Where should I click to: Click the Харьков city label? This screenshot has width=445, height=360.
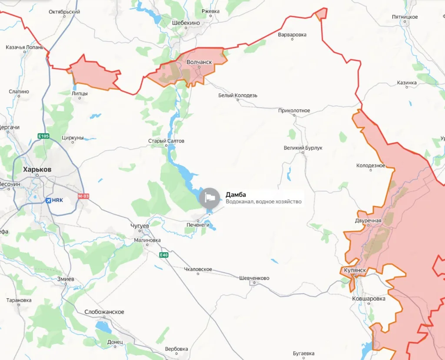pos(37,169)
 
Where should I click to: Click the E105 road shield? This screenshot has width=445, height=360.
pos(43,136)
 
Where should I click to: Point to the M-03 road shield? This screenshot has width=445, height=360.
pos(83,196)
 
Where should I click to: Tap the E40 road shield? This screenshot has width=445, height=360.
pos(163,255)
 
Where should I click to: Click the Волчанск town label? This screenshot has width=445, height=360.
pos(199,62)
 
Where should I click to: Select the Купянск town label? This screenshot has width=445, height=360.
pos(354,270)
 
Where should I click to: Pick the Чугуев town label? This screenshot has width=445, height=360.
pos(139,226)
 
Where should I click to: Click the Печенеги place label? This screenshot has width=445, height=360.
pos(198,225)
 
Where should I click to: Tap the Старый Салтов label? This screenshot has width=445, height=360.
pos(166,141)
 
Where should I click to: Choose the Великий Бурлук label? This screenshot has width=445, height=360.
pos(303,148)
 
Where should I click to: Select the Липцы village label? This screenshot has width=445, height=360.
pos(80,93)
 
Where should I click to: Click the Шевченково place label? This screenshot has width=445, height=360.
pos(254,278)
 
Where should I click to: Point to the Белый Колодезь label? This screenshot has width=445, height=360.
pos(238,95)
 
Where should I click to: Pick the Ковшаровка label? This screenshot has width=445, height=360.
pos(369,299)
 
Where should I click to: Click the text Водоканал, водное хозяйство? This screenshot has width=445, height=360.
pos(263,201)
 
